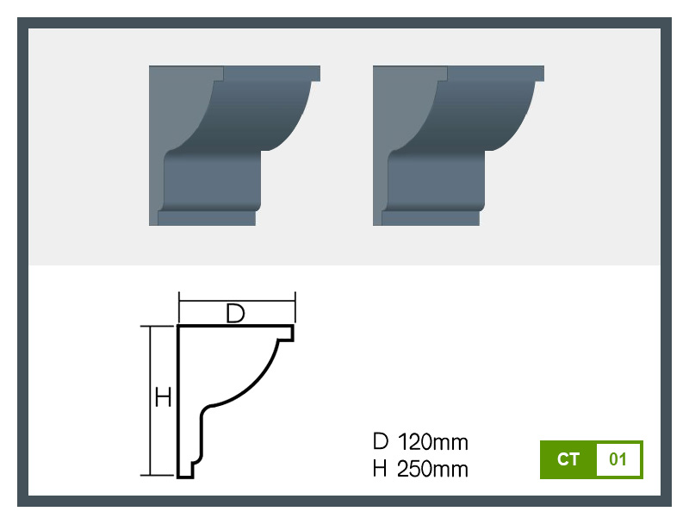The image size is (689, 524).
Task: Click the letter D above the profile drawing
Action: tap(235, 314)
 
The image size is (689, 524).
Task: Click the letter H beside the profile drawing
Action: tap(163, 398)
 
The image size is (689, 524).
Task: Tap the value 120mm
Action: tap(433, 442)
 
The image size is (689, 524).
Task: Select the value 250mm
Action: tap(432, 469)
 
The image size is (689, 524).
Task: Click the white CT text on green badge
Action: tap(568, 459)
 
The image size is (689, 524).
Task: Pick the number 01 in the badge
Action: tap(618, 459)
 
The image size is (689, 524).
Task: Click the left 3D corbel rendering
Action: tap(234, 146)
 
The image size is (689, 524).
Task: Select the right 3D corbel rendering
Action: tap(458, 146)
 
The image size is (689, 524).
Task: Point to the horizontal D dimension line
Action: tap(238, 301)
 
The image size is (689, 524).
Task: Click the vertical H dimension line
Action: tap(151, 401)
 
